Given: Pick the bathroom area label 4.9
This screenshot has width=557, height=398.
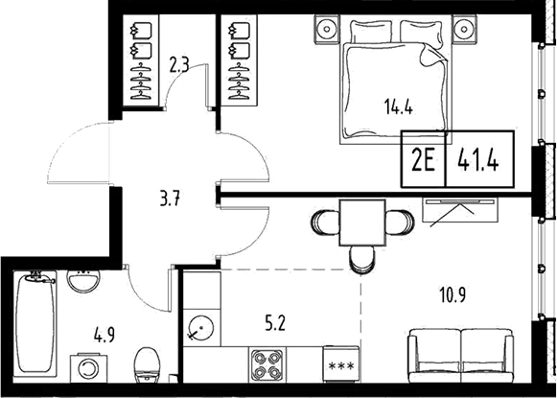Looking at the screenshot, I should (104, 337).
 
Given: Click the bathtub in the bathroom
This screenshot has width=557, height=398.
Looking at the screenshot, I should (35, 326).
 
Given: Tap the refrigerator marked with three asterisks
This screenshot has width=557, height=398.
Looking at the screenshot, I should (338, 368).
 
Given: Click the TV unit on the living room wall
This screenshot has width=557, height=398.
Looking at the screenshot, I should (461, 208).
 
